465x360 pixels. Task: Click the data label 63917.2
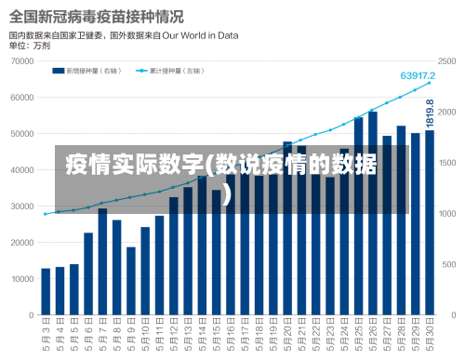[x=418, y=74]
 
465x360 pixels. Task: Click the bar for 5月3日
[x=46, y=291]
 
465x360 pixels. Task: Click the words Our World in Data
[x=201, y=35]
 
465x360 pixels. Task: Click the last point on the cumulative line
[x=430, y=83]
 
